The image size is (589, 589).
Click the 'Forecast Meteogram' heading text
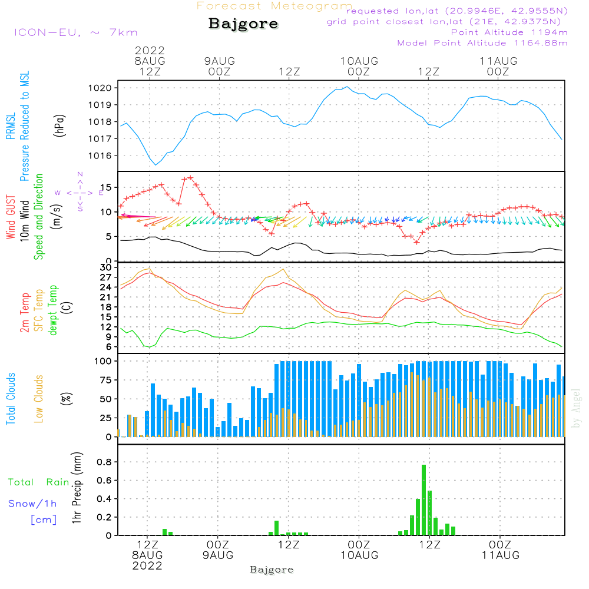(x=274, y=6)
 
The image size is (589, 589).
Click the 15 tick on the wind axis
(x=107, y=187)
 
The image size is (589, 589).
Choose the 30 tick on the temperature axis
(x=107, y=267)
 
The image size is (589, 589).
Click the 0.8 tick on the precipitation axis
(x=105, y=462)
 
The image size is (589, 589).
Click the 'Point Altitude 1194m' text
(x=509, y=32)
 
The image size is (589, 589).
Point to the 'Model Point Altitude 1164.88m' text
(x=482, y=43)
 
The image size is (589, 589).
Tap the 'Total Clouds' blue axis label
(x=11, y=399)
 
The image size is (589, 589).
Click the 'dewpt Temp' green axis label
(x=53, y=310)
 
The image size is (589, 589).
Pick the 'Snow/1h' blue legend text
(x=32, y=503)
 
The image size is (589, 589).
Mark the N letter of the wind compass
(x=80, y=174)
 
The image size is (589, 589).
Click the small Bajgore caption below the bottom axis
(x=272, y=570)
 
